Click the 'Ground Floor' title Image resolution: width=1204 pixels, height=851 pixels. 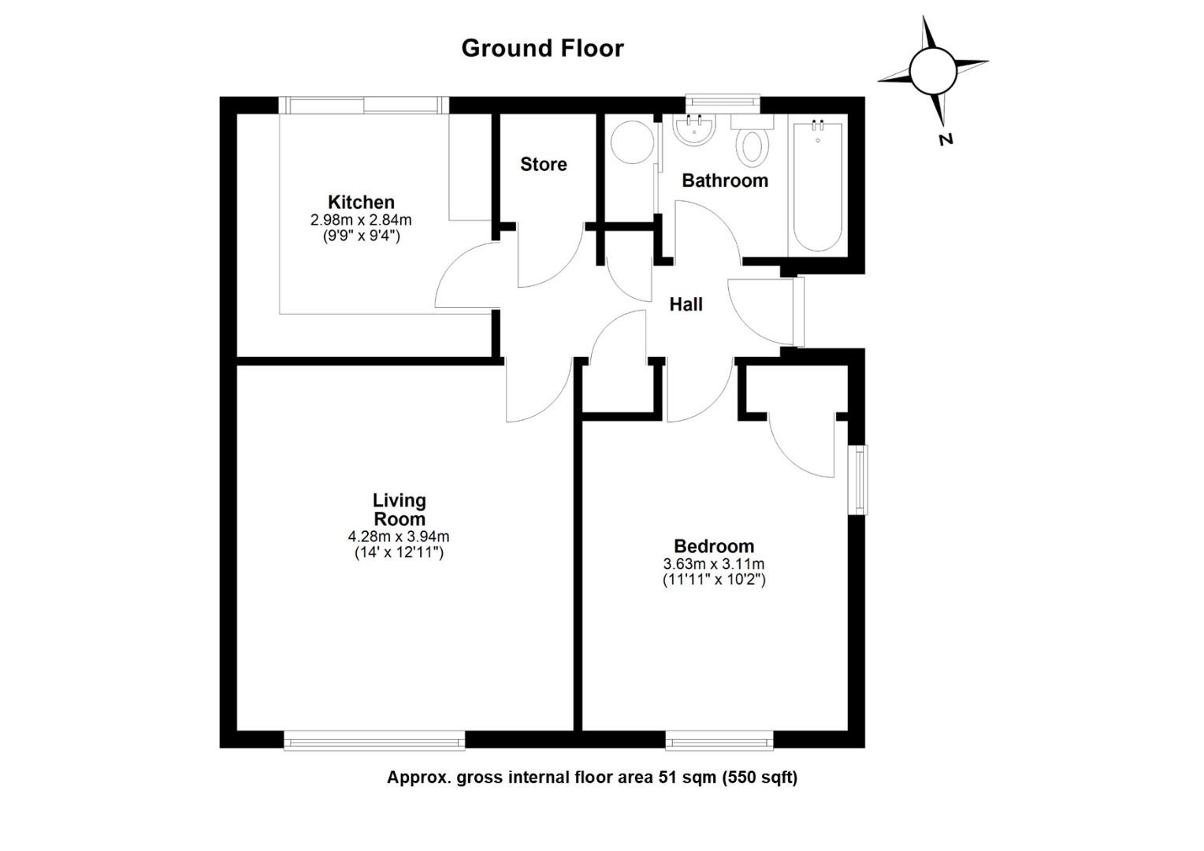click(x=542, y=48)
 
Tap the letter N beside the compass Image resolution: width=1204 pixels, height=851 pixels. click(x=946, y=139)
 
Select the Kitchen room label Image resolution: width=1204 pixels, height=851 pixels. click(x=361, y=202)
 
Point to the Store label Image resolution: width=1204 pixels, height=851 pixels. click(x=543, y=164)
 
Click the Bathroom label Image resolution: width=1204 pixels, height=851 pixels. click(x=724, y=180)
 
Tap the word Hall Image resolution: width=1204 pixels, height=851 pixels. click(x=686, y=304)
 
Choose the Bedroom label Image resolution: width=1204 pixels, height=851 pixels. click(x=713, y=546)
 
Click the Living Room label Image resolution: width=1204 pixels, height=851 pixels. click(x=399, y=510)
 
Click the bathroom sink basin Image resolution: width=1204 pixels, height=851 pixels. click(x=693, y=130)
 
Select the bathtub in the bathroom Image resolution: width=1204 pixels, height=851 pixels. click(x=817, y=186)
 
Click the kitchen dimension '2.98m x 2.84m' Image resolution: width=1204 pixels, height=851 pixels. click(x=361, y=220)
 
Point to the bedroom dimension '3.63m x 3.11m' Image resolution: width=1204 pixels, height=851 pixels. click(x=713, y=564)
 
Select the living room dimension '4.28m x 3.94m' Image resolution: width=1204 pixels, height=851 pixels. click(x=399, y=537)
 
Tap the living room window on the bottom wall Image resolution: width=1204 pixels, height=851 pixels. click(x=374, y=740)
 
